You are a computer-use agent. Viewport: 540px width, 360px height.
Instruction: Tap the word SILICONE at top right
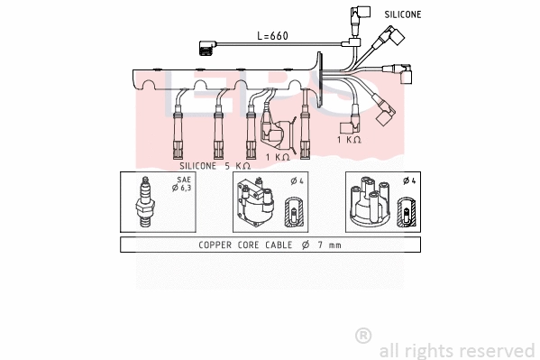point(403,14)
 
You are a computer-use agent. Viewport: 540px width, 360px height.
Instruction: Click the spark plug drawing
point(143,203)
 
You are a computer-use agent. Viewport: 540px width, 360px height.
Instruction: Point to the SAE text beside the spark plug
point(183,180)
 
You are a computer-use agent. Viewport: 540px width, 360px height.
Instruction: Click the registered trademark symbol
point(363,336)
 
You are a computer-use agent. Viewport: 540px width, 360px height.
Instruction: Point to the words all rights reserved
point(456,350)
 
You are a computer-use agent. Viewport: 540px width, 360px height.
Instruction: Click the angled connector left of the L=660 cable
point(206,48)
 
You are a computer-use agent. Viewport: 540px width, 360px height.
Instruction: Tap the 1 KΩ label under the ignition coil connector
point(278,156)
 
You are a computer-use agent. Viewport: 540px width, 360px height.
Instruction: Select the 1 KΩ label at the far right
point(349,140)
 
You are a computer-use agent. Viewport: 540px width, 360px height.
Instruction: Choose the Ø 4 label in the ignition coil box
point(297,180)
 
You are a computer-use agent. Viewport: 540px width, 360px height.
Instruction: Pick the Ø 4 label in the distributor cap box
point(408,180)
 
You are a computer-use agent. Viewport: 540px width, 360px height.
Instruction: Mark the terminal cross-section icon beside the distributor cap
point(407,215)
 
